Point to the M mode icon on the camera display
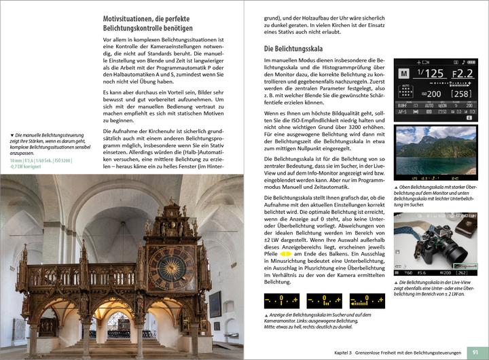[403, 73]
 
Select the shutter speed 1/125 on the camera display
[430, 73]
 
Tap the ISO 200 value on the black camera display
[431, 94]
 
